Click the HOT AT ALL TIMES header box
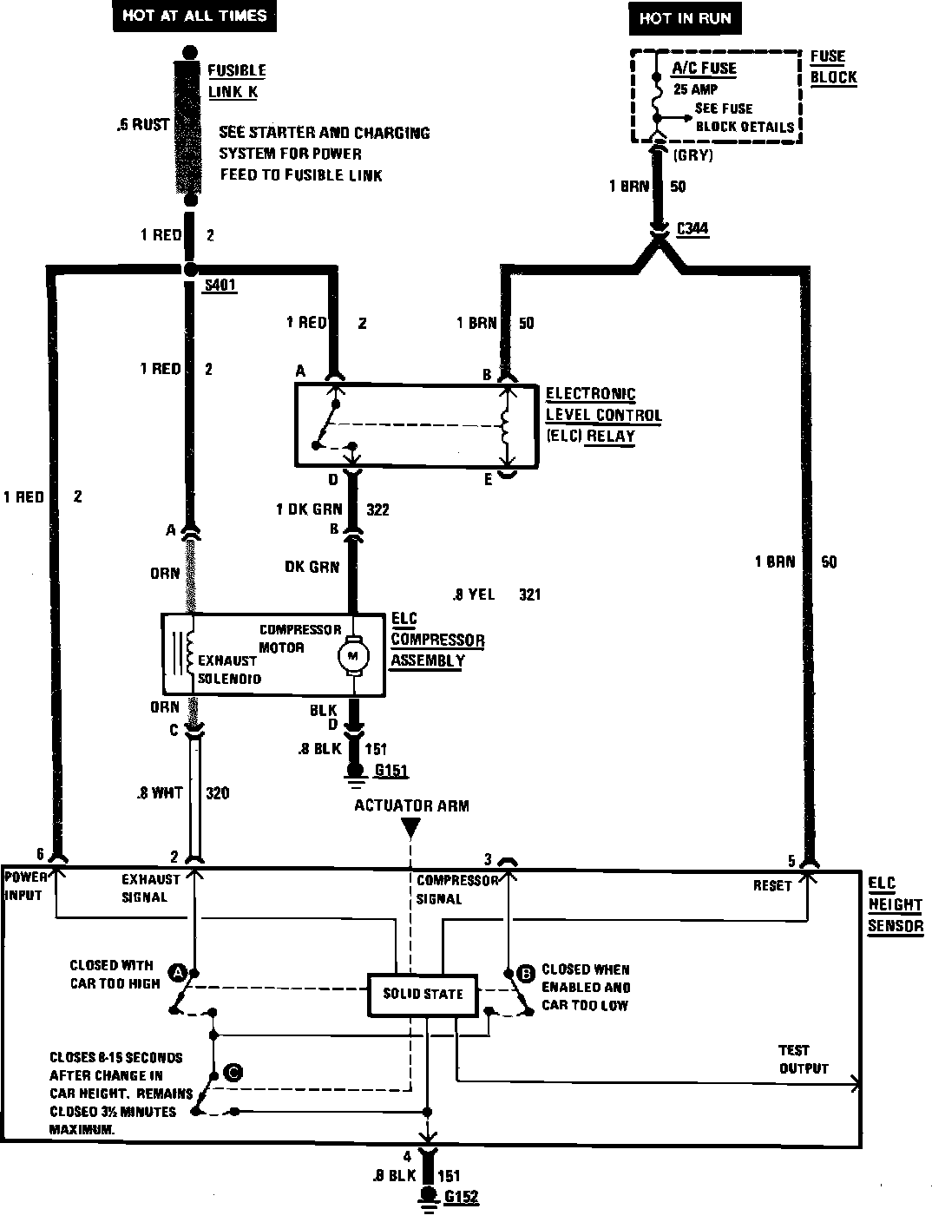tap(194, 16)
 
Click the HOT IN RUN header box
tap(685, 18)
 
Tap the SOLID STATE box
tap(423, 994)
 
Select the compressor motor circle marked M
tap(353, 655)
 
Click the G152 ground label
tap(461, 1198)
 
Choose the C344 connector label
tap(692, 229)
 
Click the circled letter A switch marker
tap(179, 972)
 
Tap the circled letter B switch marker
tap(525, 974)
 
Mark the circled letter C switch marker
tap(233, 1073)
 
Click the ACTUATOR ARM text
tap(411, 805)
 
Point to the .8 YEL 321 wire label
tap(497, 595)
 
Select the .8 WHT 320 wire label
tap(183, 793)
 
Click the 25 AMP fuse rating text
tap(695, 89)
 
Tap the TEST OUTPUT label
tap(804, 1060)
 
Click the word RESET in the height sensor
tap(772, 885)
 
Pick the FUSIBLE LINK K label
tap(236, 81)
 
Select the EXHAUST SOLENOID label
tap(229, 669)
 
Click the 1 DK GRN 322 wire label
tap(332, 509)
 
